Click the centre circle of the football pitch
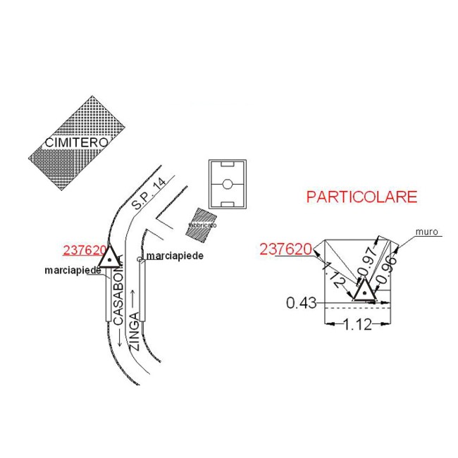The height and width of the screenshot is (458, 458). point(227,185)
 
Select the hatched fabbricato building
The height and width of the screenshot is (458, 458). point(202,223)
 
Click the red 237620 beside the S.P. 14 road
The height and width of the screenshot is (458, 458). point(85,251)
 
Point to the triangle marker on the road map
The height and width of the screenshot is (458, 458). point(111,259)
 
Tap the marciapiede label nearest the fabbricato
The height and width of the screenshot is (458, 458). point(174,256)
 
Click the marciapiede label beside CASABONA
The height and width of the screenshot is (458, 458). point(77,271)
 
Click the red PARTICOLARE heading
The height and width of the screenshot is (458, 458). point(361,197)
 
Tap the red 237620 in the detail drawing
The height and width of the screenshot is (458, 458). point(286,249)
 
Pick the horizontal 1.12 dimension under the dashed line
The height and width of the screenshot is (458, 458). point(357,325)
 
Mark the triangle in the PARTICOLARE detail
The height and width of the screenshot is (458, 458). point(364,290)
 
